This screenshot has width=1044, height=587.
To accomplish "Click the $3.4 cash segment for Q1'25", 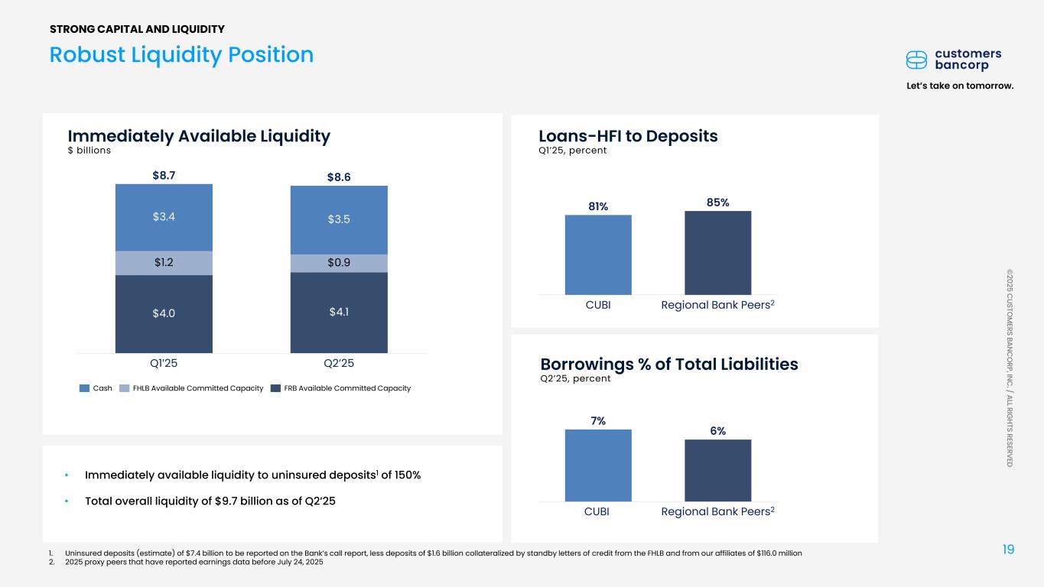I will pos(164,217).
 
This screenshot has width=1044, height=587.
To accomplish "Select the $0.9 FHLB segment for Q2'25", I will pos(339,263).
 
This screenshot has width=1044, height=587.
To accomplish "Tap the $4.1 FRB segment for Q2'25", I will pos(339,312).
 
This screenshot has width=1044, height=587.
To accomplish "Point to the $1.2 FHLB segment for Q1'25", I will pos(164,263).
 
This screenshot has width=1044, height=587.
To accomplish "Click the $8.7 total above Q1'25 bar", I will pos(164,175).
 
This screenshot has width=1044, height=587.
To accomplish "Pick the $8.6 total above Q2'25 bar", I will pos(339,177).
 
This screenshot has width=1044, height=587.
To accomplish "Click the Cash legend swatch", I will pos(85,388).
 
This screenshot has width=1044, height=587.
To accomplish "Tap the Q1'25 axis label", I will pos(164,364).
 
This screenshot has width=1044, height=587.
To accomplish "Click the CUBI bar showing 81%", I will pos(598,255).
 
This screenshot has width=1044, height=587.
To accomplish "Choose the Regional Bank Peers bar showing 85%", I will pos(717,252).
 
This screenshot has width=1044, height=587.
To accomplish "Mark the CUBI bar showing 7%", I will pos(598,465).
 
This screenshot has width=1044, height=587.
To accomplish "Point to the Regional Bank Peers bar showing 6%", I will pos(717,470).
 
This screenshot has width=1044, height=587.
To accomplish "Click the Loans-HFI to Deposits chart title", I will pos(628,136).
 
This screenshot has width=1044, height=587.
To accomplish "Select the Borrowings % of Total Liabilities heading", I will pos(669,364).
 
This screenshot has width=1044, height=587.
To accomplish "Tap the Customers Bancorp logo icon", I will pos(916,60).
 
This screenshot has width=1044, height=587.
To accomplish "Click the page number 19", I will pos(1007,549).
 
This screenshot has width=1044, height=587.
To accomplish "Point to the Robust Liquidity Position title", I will pos(181,55).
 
